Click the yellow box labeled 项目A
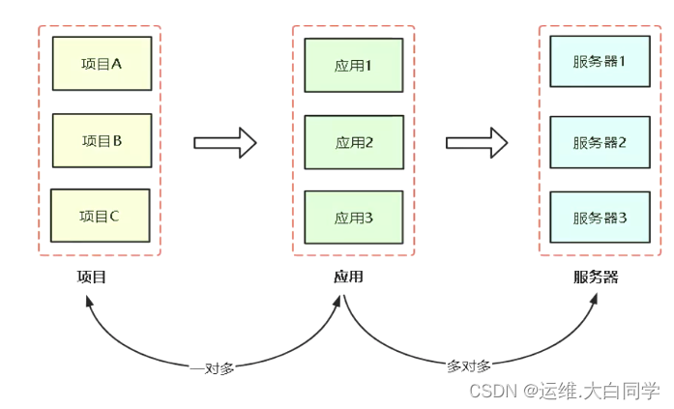pyautogui.click(x=102, y=64)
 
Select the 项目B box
pyautogui.click(x=102, y=141)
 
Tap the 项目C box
pyautogui.click(x=100, y=216)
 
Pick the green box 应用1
pyautogui.click(x=353, y=66)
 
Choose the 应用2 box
pyautogui.click(x=353, y=142)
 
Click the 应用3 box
pyautogui.click(x=353, y=218)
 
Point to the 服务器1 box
pyautogui.click(x=600, y=62)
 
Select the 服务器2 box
pyautogui.click(x=600, y=142)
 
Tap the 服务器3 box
pyautogui.click(x=600, y=218)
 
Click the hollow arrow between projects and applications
pyautogui.click(x=225, y=142)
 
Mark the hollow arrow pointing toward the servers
pyautogui.click(x=477, y=142)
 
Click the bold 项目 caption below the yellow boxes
pyautogui.click(x=91, y=278)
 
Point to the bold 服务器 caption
pyautogui.click(x=595, y=278)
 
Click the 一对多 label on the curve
pyautogui.click(x=212, y=367)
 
